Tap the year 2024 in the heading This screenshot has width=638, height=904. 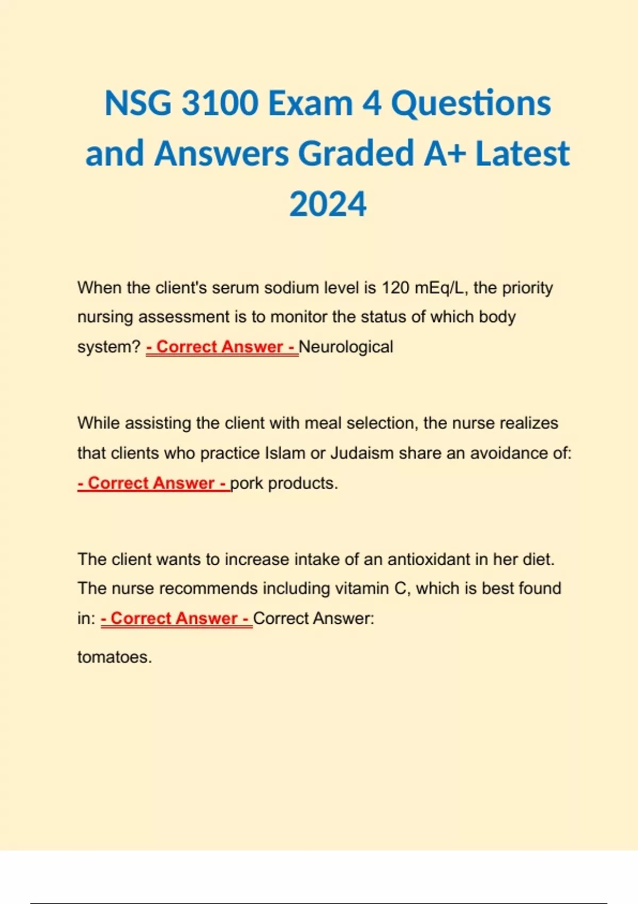pos(328,204)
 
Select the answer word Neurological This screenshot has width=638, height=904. pos(346,347)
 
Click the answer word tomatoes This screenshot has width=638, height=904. pos(114,657)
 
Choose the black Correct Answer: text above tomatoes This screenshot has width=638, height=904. pos(314,618)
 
